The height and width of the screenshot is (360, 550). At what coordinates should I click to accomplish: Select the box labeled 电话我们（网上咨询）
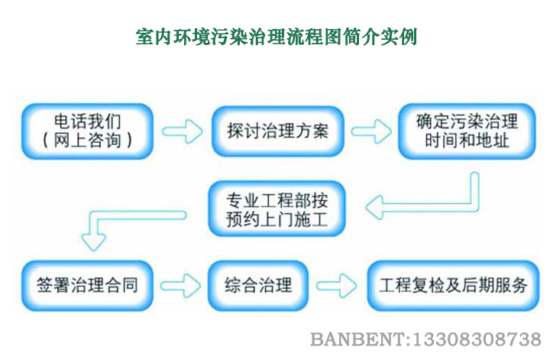[87, 131]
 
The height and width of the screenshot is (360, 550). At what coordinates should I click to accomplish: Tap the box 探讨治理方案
[277, 131]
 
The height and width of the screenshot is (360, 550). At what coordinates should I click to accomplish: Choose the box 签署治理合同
[87, 286]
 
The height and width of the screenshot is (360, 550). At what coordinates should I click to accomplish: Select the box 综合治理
[258, 286]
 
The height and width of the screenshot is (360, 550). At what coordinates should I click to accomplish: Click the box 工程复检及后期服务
[454, 286]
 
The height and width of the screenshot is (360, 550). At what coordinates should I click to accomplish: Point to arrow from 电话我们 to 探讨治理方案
[183, 131]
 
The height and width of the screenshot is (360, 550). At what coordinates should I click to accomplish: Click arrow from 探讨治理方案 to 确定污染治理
[371, 131]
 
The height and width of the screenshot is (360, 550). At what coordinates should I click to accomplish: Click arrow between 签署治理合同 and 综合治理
[182, 287]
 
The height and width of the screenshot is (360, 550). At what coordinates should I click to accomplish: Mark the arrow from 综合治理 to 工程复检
[337, 287]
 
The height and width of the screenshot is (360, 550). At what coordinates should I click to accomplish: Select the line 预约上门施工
[277, 221]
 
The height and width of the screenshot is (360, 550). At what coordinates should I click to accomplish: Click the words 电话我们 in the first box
[87, 122]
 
